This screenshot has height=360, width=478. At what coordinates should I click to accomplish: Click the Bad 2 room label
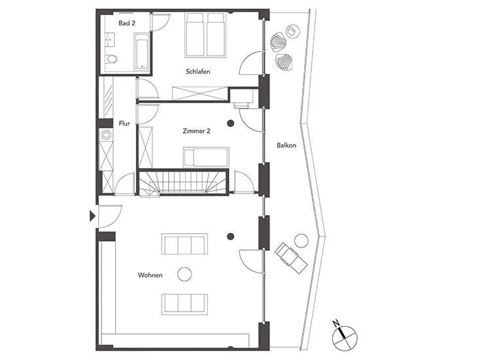[x=126, y=23]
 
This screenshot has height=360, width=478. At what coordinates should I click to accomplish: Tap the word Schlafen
[x=197, y=71]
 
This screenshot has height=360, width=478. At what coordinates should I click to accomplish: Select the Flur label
[x=124, y=122]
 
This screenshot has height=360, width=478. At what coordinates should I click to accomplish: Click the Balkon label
[x=286, y=145]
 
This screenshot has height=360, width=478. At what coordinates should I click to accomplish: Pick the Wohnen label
[x=150, y=275]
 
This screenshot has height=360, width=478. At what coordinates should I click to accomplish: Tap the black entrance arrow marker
[x=92, y=215]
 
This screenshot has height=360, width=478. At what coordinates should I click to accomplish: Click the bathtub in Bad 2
[x=141, y=52]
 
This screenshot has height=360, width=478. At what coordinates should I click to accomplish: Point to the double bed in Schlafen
[x=206, y=36]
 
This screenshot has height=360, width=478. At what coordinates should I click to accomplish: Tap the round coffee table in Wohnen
[x=185, y=274]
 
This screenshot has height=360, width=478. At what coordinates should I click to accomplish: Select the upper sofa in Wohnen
[x=185, y=245]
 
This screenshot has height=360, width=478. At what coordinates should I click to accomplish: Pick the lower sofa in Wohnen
[x=185, y=304]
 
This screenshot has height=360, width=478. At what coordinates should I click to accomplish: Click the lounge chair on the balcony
[x=291, y=257]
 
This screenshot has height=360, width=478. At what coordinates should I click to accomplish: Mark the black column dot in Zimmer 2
[x=230, y=123]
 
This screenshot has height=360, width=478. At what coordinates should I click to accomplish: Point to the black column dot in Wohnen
[x=230, y=236]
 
